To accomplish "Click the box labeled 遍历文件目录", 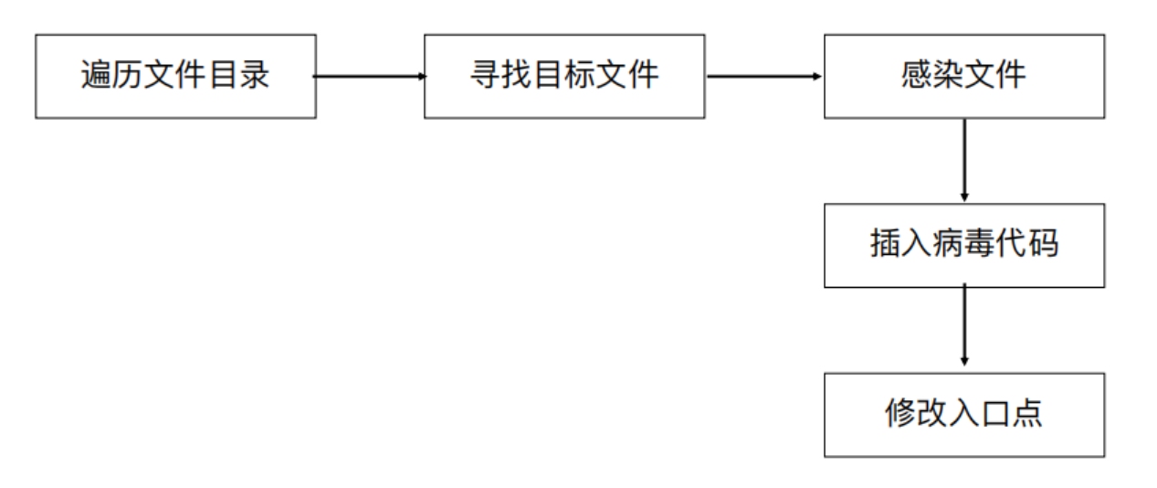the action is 175,77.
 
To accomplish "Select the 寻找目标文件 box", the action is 563,77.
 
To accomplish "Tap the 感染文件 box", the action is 963,77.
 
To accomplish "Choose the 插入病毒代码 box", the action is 963,245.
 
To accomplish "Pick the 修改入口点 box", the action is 963,414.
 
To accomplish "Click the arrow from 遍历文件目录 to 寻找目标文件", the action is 370,77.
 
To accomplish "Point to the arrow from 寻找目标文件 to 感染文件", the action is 764,77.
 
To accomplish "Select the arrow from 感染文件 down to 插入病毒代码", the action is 964,160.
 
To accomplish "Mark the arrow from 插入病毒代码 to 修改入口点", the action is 964,329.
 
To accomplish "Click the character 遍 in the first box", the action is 97,75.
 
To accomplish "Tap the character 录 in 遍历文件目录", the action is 254,75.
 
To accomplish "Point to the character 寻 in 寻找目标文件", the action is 485,75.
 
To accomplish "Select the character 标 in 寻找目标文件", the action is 580,75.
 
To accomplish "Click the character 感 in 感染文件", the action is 916,75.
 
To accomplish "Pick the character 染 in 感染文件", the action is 948,75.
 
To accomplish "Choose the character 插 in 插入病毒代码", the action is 886,244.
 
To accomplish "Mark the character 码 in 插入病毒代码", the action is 1043,244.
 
